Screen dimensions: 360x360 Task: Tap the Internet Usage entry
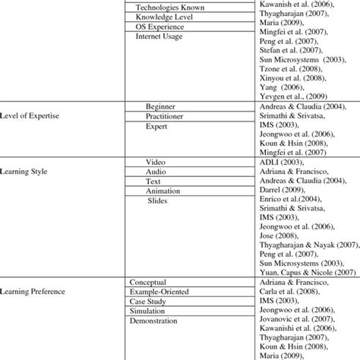click(159, 36)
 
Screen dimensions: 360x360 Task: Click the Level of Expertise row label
click(32, 116)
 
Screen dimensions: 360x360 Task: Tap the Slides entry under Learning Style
click(157, 202)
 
